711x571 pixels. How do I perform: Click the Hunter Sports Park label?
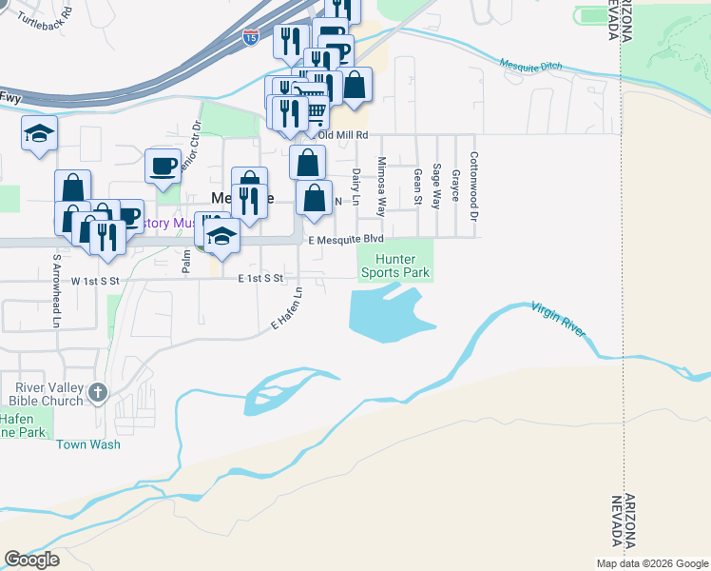[395, 266]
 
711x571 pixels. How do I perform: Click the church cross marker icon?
[98, 392]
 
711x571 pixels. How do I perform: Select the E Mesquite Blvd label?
[346, 240]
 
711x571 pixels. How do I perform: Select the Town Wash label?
[83, 444]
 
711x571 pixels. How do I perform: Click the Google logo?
[31, 560]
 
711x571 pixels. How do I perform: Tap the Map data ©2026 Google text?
[651, 562]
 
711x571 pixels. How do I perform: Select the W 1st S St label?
[96, 281]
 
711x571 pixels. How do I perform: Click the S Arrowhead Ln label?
[57, 290]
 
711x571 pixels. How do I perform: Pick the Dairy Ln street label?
[356, 187]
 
